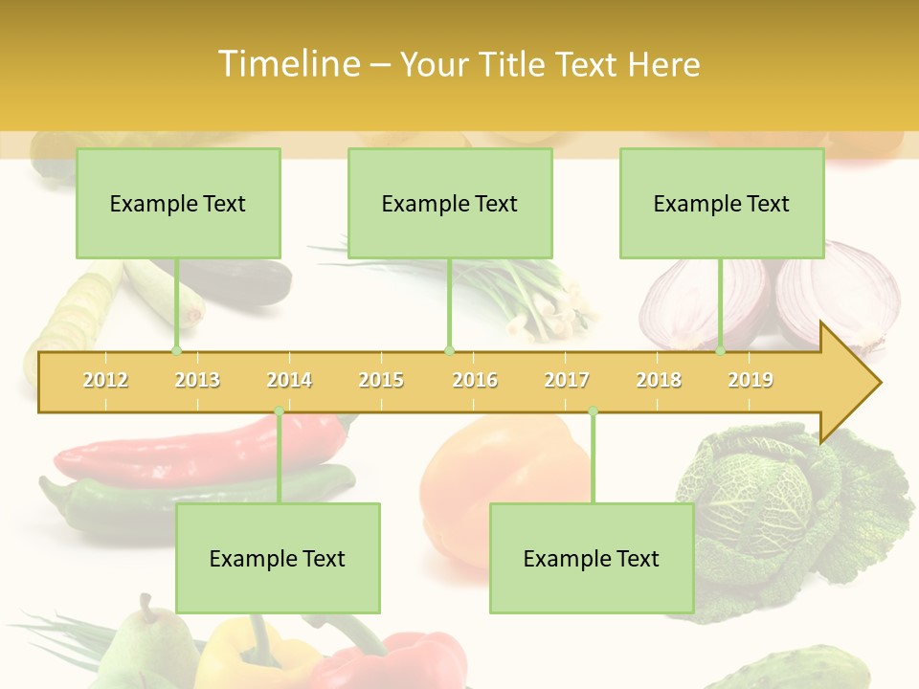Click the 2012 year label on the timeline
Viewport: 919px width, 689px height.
tap(105, 380)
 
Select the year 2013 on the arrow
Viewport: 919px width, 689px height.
tap(197, 380)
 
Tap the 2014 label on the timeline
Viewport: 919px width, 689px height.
tap(289, 380)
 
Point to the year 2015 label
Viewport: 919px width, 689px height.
tap(381, 380)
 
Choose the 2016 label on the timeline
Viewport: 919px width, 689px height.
tap(475, 380)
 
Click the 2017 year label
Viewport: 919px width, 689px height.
tap(567, 380)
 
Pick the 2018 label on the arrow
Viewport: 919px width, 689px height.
tap(659, 380)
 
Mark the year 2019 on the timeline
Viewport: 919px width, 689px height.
tap(751, 380)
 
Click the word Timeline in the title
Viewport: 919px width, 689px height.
tap(288, 64)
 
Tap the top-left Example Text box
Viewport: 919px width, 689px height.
tap(178, 203)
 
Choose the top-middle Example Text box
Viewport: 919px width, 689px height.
tap(450, 203)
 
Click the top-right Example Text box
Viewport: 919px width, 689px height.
tap(722, 203)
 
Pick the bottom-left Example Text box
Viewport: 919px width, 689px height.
tap(278, 558)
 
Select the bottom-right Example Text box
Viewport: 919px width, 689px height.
tap(592, 558)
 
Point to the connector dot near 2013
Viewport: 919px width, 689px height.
tap(176, 351)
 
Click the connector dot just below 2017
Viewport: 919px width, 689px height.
tap(593, 411)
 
